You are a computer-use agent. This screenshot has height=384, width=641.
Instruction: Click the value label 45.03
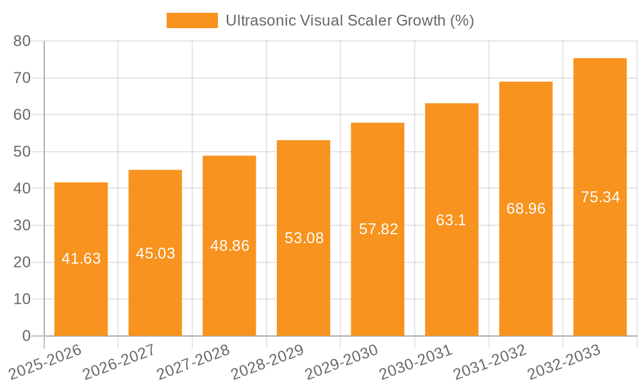point(155,253)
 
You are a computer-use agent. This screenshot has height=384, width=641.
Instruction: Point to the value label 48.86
point(229,246)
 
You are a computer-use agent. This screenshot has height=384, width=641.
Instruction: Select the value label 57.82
point(378,229)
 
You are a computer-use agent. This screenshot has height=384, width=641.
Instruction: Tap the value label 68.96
point(526,209)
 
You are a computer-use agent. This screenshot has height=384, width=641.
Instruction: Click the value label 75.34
point(600,197)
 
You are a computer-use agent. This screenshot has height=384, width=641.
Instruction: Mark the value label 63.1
point(451,220)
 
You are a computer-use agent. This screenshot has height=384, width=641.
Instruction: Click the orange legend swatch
point(192,20)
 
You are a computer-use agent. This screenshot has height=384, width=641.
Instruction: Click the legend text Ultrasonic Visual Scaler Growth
point(349,20)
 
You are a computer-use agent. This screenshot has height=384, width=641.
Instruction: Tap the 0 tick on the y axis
point(26,336)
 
